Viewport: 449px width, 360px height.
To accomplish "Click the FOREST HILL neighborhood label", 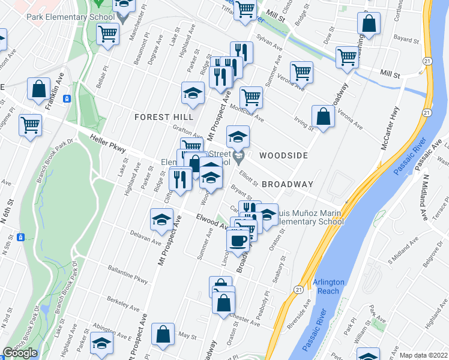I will point(163,116).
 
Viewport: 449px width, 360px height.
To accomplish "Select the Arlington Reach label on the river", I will point(328,286).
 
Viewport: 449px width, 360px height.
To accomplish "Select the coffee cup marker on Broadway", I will point(237,240).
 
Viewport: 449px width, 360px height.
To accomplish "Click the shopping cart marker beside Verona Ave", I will point(302,72).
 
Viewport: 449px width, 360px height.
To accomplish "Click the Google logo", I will point(20,353).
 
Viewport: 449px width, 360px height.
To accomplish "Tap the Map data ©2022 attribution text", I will point(424,355).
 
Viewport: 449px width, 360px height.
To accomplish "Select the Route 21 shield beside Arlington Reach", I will point(298,289).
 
